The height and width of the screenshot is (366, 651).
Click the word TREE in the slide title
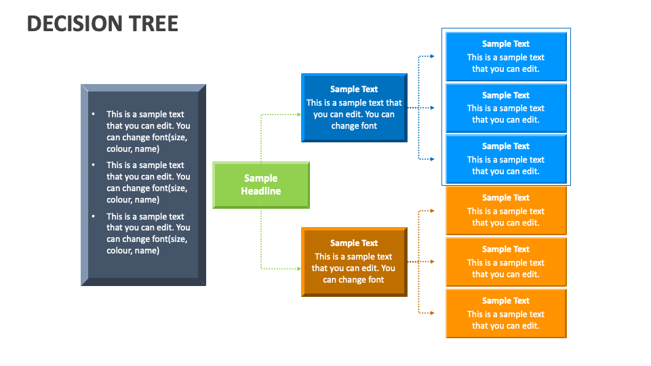(x=149, y=24)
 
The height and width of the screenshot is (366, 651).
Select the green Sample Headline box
(x=261, y=184)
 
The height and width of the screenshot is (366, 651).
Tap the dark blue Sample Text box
(x=354, y=108)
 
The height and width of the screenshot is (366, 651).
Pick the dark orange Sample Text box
(x=354, y=262)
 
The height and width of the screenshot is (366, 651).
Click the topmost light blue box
(x=506, y=56)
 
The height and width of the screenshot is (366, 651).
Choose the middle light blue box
(x=506, y=108)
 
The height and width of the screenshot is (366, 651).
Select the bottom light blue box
(x=506, y=159)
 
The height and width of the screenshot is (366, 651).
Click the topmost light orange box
(x=506, y=211)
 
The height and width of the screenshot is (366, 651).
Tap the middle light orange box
(x=506, y=262)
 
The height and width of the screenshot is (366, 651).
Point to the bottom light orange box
(x=506, y=313)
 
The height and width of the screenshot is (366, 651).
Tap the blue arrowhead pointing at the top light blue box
(x=431, y=56)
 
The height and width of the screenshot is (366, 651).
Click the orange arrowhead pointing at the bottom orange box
(x=431, y=313)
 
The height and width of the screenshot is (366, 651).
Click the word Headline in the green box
(x=261, y=191)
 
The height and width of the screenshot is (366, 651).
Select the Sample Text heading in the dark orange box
(x=354, y=243)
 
